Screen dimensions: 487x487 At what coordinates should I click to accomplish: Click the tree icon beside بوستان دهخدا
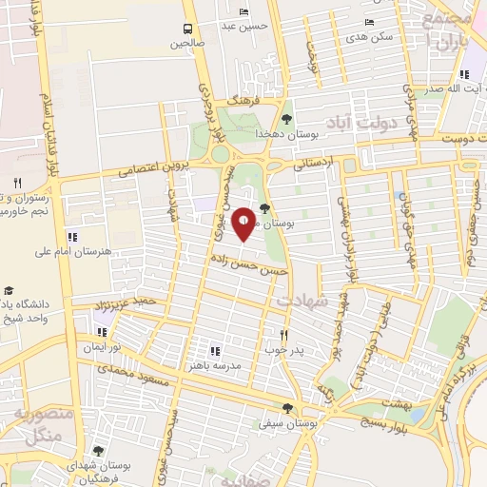(285, 119)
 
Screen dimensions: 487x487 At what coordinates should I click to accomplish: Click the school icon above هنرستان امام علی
(72, 236)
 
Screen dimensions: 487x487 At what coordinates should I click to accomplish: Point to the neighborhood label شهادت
(302, 300)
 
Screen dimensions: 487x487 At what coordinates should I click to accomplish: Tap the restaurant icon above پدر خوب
(282, 335)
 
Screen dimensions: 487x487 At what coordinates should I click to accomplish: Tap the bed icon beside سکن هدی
(369, 23)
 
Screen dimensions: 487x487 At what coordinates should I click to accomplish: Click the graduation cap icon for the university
(10, 289)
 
